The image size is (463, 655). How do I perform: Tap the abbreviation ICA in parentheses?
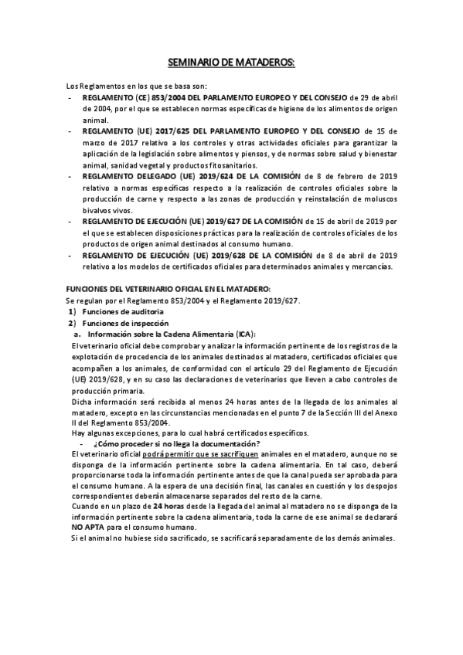[232, 333]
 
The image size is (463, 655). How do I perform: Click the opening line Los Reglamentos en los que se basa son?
[135, 87]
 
